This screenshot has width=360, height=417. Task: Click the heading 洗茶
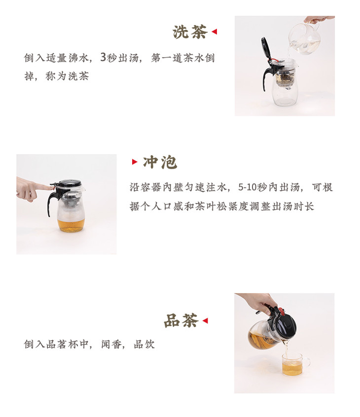point(190,32)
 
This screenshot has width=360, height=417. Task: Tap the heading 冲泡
point(160,162)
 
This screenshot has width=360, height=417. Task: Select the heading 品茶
point(181,320)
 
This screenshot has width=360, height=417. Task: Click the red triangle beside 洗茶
point(214,32)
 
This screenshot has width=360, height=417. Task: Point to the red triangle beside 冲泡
point(135,162)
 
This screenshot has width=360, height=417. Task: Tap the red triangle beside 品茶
point(205,320)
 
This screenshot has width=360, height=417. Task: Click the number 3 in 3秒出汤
point(103,57)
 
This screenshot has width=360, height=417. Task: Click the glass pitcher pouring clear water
point(305,38)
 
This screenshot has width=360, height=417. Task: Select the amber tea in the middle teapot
point(71,225)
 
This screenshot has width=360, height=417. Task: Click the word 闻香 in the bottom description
point(111,345)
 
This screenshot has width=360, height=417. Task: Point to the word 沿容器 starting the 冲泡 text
point(145,187)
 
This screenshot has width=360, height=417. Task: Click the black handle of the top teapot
point(268,76)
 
